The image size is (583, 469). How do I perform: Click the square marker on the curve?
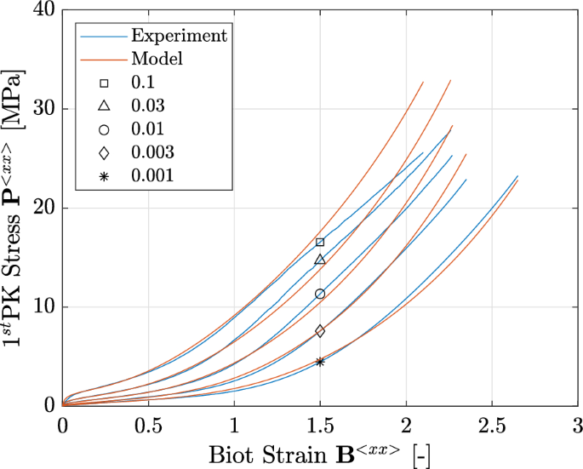pyautogui.click(x=320, y=243)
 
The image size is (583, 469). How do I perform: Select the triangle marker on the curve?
pyautogui.click(x=320, y=260)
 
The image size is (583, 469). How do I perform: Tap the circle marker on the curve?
pyautogui.click(x=320, y=294)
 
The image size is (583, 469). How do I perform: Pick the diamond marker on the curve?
pyautogui.click(x=320, y=331)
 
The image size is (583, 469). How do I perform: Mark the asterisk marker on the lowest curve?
pyautogui.click(x=320, y=362)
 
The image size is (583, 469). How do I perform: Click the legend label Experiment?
pyautogui.click(x=179, y=36)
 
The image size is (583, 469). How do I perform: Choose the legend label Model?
pyautogui.click(x=157, y=60)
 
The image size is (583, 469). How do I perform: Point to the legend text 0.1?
pyautogui.click(x=143, y=83)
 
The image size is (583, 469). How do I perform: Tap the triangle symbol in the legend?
pyautogui.click(x=104, y=106)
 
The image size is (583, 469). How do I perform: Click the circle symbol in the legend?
pyautogui.click(x=104, y=129)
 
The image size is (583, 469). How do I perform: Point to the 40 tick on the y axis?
pyautogui.click(x=44, y=11)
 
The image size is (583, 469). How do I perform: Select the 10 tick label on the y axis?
pyautogui.click(x=44, y=307)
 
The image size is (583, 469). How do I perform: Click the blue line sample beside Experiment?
pyautogui.click(x=101, y=37)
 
